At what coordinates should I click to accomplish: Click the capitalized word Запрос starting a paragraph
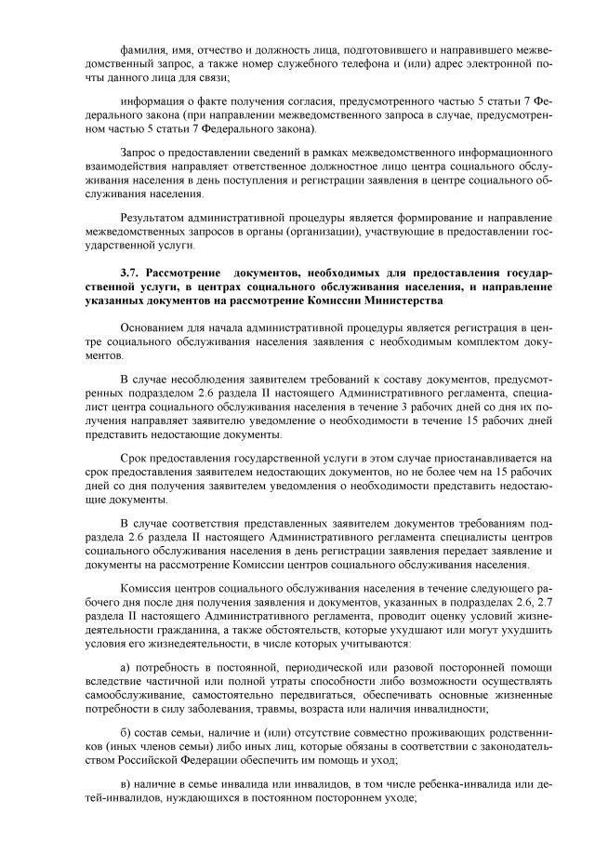click(x=139, y=152)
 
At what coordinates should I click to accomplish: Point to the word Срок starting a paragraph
click(x=135, y=459)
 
